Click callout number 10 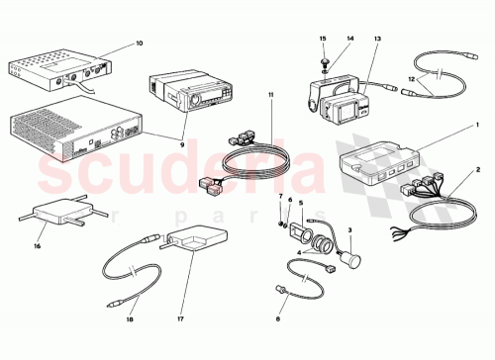pos(139,44)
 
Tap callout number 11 pos(268,94)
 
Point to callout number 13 pos(377,39)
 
